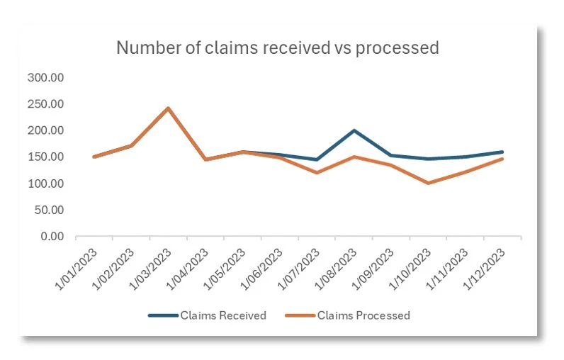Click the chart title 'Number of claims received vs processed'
pyautogui.click(x=277, y=47)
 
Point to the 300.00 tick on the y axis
pyautogui.click(x=45, y=77)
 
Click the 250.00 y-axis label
pyautogui.click(x=45, y=104)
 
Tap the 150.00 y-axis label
pyautogui.click(x=45, y=157)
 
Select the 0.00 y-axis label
pyautogui.click(x=50, y=236)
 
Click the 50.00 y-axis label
pyautogui.click(x=47, y=210)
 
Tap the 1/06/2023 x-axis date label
pyautogui.click(x=264, y=266)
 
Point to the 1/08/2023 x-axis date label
pyautogui.click(x=339, y=266)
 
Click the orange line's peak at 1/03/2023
pyautogui.click(x=168, y=108)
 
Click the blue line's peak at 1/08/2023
pyautogui.click(x=354, y=130)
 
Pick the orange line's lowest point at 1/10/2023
pyautogui.click(x=428, y=183)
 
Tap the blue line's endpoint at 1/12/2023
pyautogui.click(x=502, y=152)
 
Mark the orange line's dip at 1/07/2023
pyautogui.click(x=317, y=173)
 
